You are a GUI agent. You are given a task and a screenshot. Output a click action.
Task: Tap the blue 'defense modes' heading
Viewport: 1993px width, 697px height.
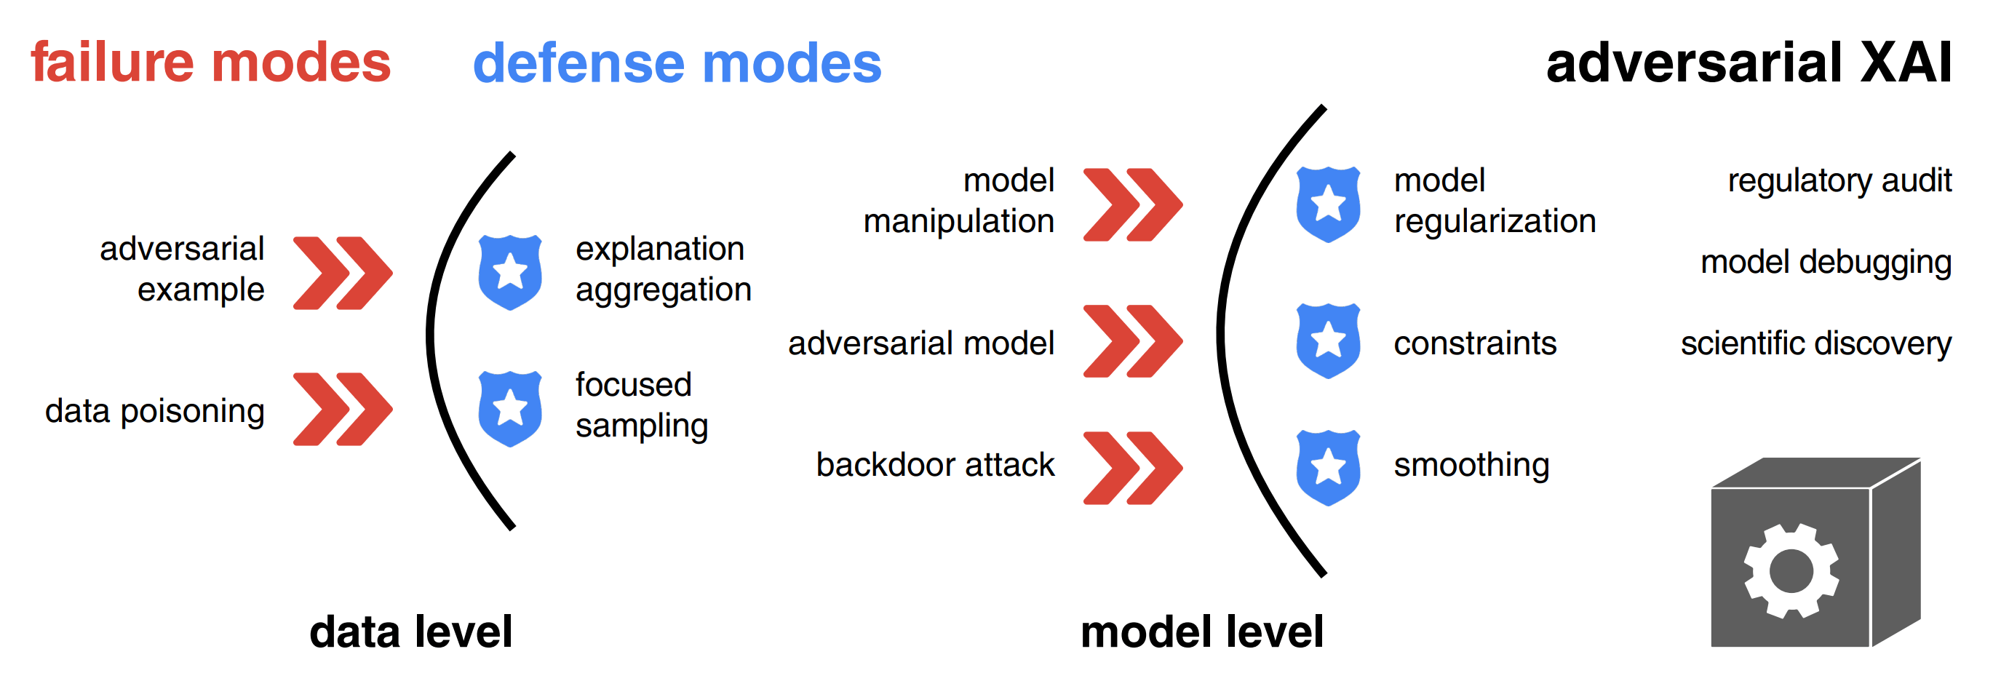click(676, 63)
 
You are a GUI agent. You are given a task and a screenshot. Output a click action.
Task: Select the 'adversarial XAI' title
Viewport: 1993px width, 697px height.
click(1749, 63)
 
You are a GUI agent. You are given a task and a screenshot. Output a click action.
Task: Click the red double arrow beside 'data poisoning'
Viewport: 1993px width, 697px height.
click(343, 409)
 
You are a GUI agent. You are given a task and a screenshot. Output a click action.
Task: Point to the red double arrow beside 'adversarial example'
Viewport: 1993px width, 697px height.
click(343, 273)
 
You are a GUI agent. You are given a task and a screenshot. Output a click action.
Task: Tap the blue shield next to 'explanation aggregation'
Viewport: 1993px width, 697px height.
click(510, 272)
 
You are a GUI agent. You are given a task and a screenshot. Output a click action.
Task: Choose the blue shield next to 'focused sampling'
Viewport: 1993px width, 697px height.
click(510, 408)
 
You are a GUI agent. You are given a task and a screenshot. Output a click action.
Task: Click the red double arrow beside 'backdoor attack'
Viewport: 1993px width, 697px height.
click(1133, 468)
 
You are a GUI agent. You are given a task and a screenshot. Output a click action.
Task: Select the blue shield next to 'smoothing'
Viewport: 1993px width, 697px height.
click(1328, 467)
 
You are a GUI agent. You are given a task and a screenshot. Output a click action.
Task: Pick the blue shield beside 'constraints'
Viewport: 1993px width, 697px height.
click(1328, 340)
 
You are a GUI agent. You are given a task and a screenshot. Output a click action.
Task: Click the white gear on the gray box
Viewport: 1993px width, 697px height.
click(1791, 571)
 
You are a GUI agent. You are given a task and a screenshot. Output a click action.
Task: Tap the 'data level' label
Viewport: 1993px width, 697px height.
click(411, 632)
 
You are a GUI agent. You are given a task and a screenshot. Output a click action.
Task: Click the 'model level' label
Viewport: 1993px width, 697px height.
click(1201, 632)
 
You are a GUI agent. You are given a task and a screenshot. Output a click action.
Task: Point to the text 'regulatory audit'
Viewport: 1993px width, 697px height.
click(1839, 181)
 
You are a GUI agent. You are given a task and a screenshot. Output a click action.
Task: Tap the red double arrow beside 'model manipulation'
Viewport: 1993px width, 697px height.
click(1133, 205)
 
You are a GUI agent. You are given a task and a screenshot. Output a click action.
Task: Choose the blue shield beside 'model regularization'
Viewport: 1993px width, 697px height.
click(1328, 204)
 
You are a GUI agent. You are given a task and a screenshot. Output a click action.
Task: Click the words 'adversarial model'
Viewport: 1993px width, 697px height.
click(920, 343)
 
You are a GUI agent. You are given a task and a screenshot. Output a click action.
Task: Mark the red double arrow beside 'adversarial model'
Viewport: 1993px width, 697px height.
click(1133, 341)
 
